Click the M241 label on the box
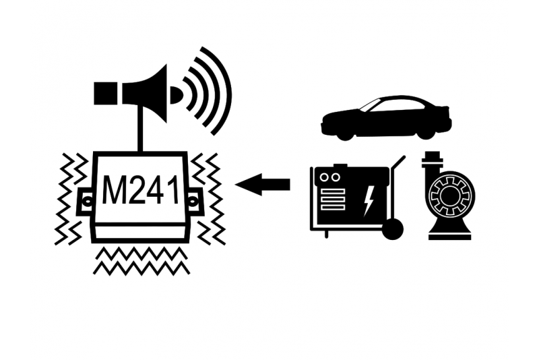coord(141,191)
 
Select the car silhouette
coord(385,117)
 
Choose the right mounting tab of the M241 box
coord(195,200)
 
